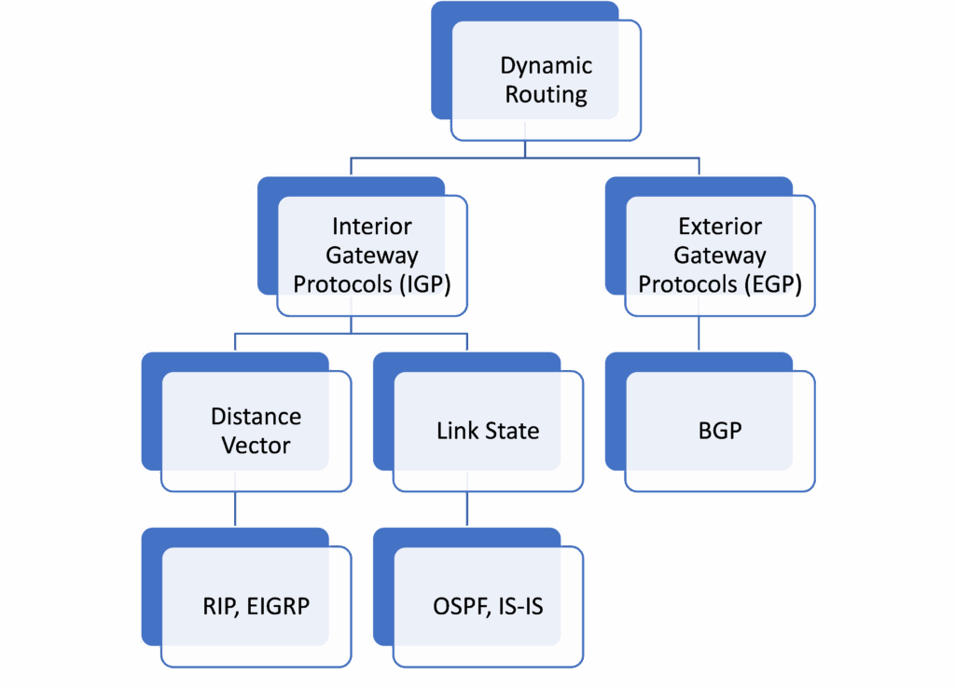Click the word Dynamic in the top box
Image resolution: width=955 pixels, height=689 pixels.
coord(546,66)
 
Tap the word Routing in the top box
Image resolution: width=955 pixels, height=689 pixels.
coord(546,95)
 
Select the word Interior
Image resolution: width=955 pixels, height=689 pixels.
coord(371,227)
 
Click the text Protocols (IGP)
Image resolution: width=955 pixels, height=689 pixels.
coord(371,284)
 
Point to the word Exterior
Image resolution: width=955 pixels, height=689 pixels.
coord(719,227)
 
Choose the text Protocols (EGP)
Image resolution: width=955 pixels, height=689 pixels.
coord(719,284)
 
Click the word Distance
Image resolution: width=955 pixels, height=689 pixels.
coord(256,417)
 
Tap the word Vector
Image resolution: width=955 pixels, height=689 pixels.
coord(256,446)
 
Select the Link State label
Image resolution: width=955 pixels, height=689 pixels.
coord(487,432)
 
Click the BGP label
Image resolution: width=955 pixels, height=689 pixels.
coord(719,432)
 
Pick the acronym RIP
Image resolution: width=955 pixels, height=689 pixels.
coord(220,607)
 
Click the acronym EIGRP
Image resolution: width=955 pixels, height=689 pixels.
coord(277,607)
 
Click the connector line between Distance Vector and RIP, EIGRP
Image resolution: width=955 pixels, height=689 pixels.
coord(234,508)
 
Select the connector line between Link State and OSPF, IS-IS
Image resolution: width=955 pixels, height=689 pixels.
coord(466,508)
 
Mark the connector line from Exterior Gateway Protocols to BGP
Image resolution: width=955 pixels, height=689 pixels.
coord(699,334)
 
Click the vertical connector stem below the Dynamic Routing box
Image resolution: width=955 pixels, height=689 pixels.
coord(525,149)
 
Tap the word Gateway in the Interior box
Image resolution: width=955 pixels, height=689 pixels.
coord(371,255)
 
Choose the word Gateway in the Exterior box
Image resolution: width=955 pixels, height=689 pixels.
coord(719,255)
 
